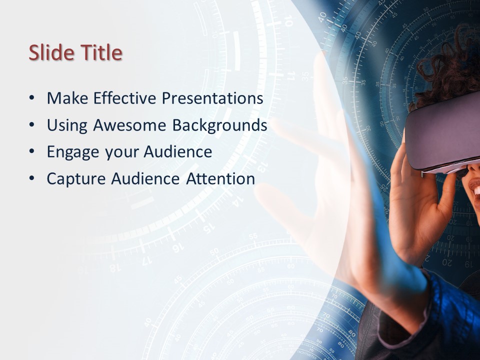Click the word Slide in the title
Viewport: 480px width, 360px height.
pos(49,52)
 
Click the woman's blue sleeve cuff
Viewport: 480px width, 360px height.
pos(440,300)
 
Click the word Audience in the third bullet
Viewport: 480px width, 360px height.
pos(177,152)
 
